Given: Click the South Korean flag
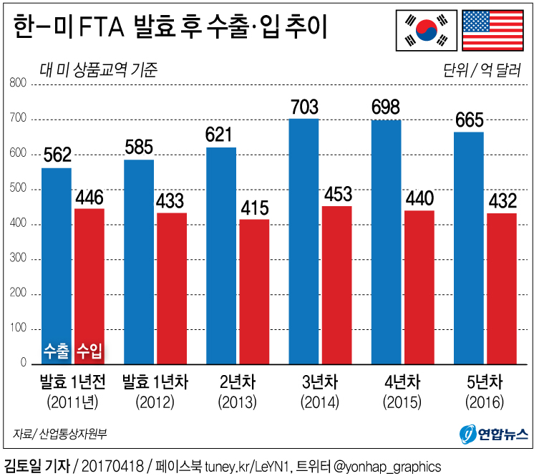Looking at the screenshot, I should click(x=427, y=30).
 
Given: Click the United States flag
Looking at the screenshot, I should click(x=492, y=30).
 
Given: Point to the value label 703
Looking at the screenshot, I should click(x=304, y=107).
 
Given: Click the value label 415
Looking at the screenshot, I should click(x=254, y=208).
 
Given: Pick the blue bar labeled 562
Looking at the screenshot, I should click(x=57, y=265).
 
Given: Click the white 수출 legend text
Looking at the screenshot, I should click(x=57, y=350).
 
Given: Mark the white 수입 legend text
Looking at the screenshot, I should click(x=89, y=350).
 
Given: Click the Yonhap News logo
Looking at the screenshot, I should click(x=493, y=433).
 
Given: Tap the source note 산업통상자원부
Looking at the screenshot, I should click(x=72, y=434).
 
